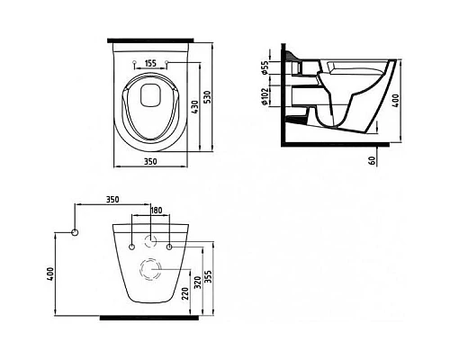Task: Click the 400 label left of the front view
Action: [x=51, y=273]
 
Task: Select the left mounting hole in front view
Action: [x=132, y=243]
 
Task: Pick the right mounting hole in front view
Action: [x=169, y=243]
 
